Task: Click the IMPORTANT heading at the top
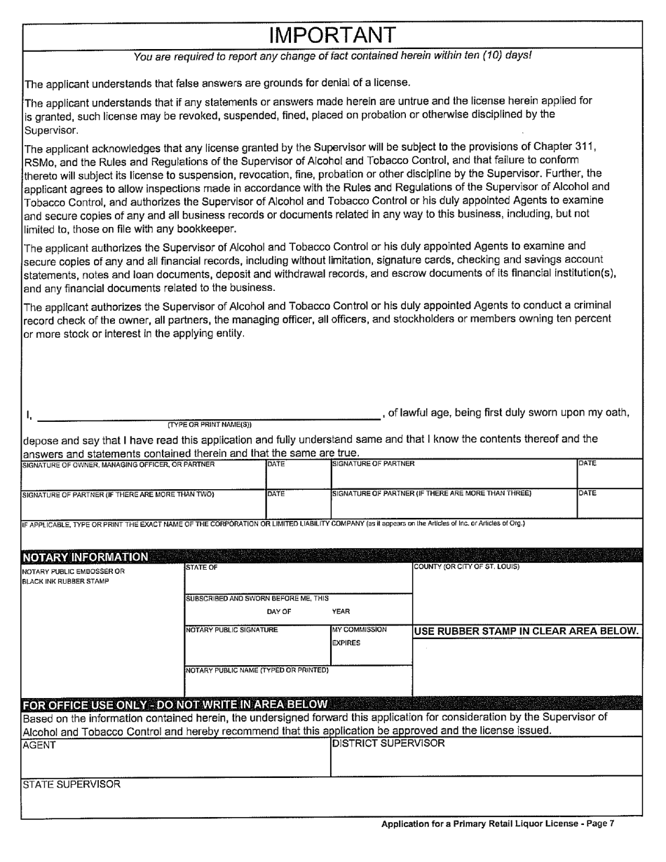(x=333, y=34)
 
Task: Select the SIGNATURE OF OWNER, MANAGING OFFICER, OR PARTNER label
(x=118, y=464)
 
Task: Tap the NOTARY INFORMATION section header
(x=86, y=557)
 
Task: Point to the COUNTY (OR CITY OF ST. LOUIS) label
(x=467, y=566)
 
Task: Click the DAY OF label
(x=279, y=612)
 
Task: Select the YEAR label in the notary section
(x=341, y=612)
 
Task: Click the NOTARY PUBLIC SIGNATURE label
(x=231, y=630)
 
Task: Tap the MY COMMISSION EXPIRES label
(x=359, y=635)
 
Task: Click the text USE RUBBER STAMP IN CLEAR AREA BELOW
(x=526, y=631)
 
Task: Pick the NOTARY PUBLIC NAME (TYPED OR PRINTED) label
(x=257, y=671)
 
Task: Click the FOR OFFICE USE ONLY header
(x=175, y=704)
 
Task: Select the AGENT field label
(x=40, y=745)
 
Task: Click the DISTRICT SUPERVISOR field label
(x=388, y=744)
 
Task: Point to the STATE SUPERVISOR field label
(x=72, y=785)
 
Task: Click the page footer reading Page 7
(x=498, y=824)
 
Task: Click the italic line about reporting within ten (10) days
(x=333, y=55)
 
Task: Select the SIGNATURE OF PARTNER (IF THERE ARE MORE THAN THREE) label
(x=432, y=493)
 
